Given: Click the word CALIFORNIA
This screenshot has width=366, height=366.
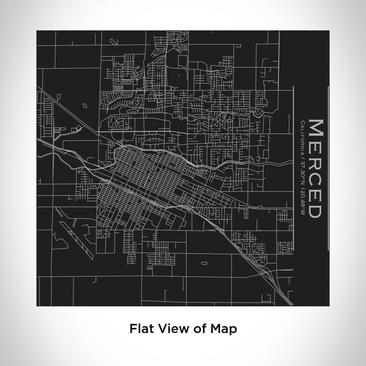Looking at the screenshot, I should pyautogui.click(x=302, y=137).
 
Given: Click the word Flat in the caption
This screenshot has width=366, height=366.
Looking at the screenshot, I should pyautogui.click(x=140, y=329).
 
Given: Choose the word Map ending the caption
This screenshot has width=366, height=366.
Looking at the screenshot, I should pyautogui.click(x=223, y=329).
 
